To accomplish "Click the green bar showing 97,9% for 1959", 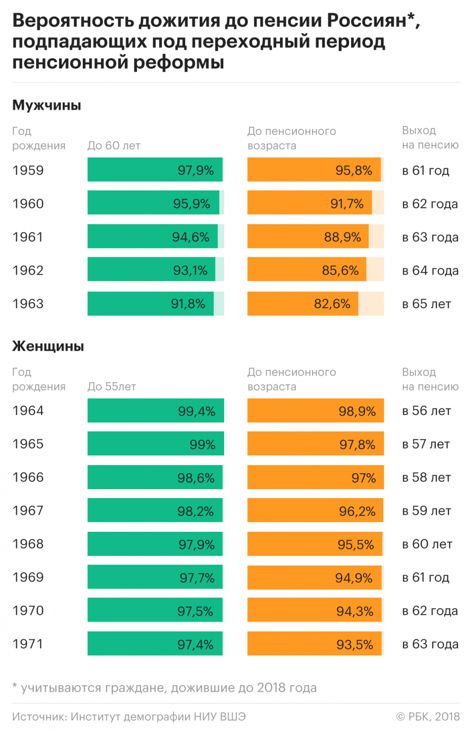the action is point(155,170).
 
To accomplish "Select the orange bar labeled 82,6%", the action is point(303,304).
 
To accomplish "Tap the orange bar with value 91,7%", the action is point(309,203).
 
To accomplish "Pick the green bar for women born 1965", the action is point(155,444).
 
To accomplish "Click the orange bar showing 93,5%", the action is point(314,644).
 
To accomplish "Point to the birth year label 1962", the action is point(28,270).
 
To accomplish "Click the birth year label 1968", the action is point(28,544).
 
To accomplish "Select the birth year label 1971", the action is point(28,644).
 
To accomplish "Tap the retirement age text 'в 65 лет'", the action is point(426,304).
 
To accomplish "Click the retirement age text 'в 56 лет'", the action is point(426,410).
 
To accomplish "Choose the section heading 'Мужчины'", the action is point(47,105).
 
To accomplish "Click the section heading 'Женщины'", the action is point(48,346).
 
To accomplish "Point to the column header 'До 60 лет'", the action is point(114,145).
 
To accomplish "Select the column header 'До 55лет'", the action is point(111,386).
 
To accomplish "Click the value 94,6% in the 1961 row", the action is point(191,237).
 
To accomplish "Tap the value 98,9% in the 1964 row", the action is point(357,411).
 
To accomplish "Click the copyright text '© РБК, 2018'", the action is point(428,716).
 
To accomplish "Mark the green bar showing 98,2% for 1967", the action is point(155,510).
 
